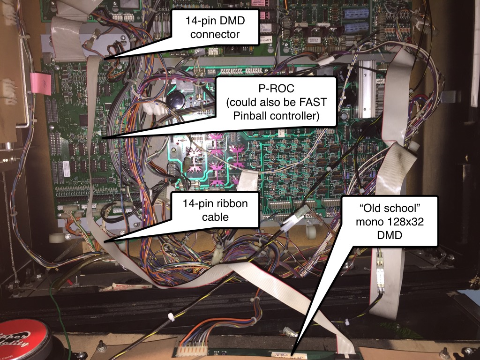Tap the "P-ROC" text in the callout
tap(276, 89)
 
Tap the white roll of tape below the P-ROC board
tap(56, 238)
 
